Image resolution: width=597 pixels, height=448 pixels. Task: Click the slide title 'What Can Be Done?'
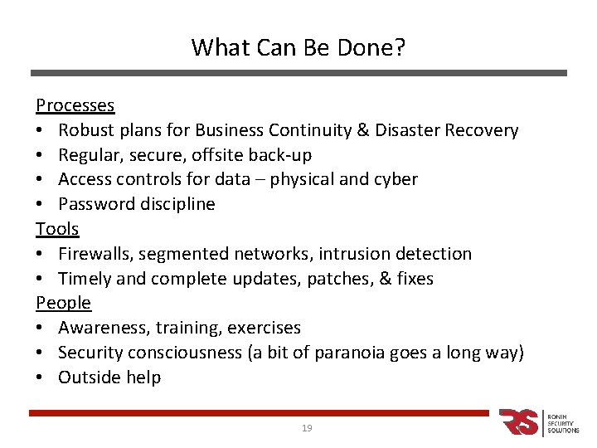click(298, 47)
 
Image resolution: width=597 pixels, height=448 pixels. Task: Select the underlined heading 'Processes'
click(75, 105)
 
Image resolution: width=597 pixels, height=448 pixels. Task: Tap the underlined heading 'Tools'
click(57, 229)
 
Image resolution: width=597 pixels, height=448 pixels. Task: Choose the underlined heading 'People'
click(63, 303)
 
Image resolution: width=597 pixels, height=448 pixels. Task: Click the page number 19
click(307, 428)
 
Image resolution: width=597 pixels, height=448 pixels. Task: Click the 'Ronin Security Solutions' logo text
click(563, 422)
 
